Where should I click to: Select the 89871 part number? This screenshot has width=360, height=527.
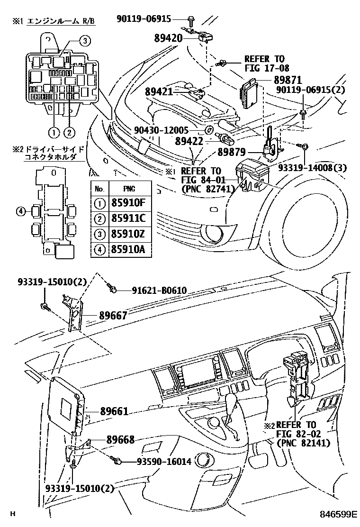click(x=287, y=81)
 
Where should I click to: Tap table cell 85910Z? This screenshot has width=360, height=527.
click(x=127, y=234)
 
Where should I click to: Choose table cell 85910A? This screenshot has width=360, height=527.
click(x=127, y=249)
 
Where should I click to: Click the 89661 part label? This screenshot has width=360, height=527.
click(x=114, y=411)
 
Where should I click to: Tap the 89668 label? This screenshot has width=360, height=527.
click(x=114, y=440)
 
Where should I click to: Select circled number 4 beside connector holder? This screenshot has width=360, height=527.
click(x=20, y=211)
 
